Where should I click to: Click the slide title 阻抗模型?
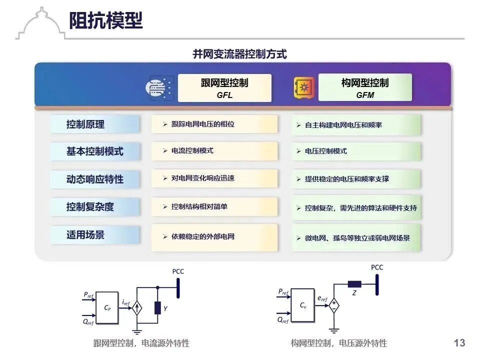(x=106, y=20)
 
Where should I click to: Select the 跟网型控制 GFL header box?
(x=224, y=88)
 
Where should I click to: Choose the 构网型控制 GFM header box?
(x=365, y=88)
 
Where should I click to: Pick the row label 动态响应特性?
(x=94, y=178)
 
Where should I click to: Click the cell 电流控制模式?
(x=214, y=150)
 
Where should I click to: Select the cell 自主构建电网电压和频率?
(x=356, y=124)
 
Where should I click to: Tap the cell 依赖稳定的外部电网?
(x=214, y=236)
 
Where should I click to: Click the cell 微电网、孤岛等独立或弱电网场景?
(x=356, y=238)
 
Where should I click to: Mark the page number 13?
(x=459, y=342)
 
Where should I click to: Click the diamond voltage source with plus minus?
(x=333, y=304)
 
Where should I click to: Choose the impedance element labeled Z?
(x=354, y=284)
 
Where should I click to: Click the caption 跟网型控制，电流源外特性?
(x=141, y=343)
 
